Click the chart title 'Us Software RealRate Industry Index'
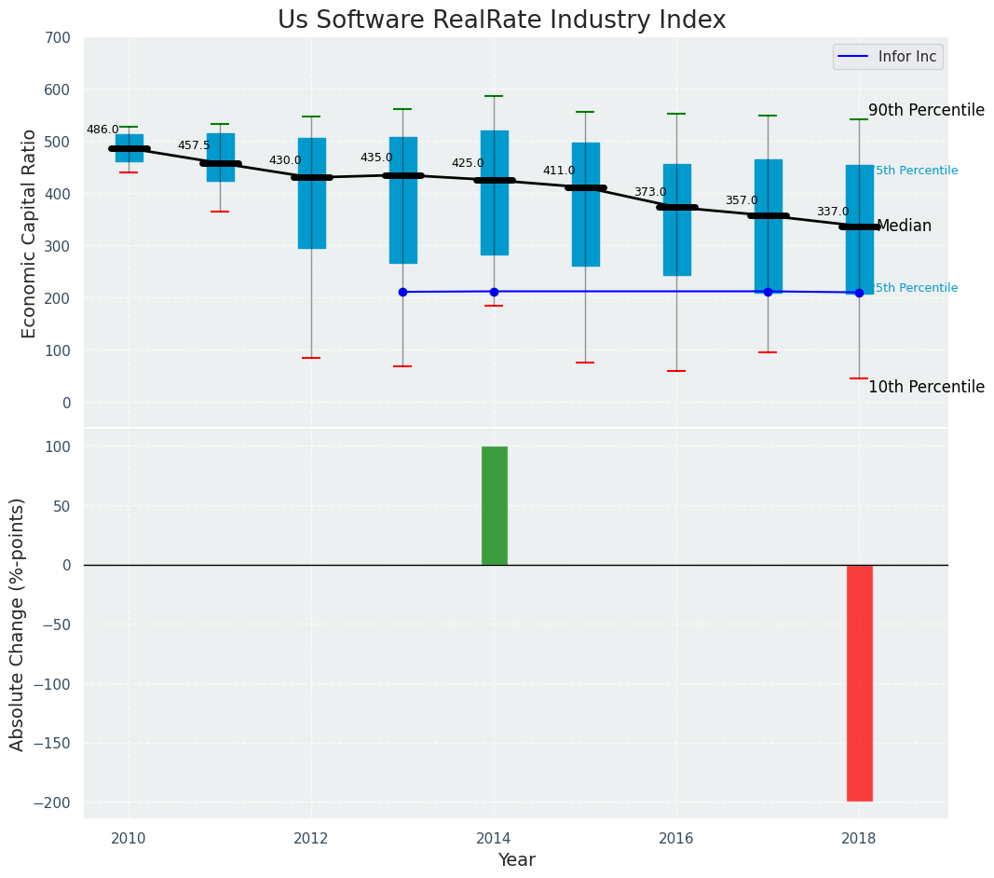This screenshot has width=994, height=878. tap(501, 21)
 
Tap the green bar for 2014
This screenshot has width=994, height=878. tap(494, 505)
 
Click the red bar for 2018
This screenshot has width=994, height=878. tap(859, 682)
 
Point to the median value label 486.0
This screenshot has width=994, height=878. tap(102, 130)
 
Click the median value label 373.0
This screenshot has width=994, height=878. tap(650, 192)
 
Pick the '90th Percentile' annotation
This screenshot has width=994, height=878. tap(926, 110)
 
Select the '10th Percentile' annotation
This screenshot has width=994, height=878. tap(926, 387)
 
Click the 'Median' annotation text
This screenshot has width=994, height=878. tap(904, 226)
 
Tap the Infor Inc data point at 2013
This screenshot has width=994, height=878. tap(402, 292)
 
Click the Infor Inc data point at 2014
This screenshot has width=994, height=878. tap(494, 292)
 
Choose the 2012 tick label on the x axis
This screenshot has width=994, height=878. tap(311, 839)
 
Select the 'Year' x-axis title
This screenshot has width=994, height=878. tap(516, 860)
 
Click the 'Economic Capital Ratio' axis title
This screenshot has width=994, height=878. tap(29, 233)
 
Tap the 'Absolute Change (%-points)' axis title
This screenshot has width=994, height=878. tap(18, 624)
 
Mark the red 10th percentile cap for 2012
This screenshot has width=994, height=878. tap(311, 358)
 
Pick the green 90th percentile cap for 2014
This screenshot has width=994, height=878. tap(494, 96)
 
